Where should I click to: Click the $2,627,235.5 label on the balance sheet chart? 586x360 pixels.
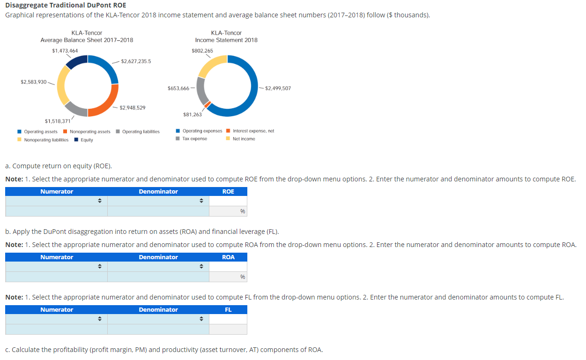coord(136,61)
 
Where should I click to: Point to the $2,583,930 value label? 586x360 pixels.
coord(33,82)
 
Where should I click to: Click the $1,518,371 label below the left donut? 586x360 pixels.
coord(58,121)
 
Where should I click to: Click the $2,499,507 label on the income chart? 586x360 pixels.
coord(278,88)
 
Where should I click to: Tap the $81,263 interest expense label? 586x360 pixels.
coord(193,114)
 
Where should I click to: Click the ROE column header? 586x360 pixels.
coord(228,191)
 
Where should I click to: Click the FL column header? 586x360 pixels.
coord(228,309)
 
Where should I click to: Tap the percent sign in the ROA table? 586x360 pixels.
coord(243,277)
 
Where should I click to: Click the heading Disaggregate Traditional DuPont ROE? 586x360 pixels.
coord(66,5)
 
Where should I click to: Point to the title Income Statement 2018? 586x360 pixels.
coord(226,40)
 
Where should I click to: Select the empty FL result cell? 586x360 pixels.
coord(228,319)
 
